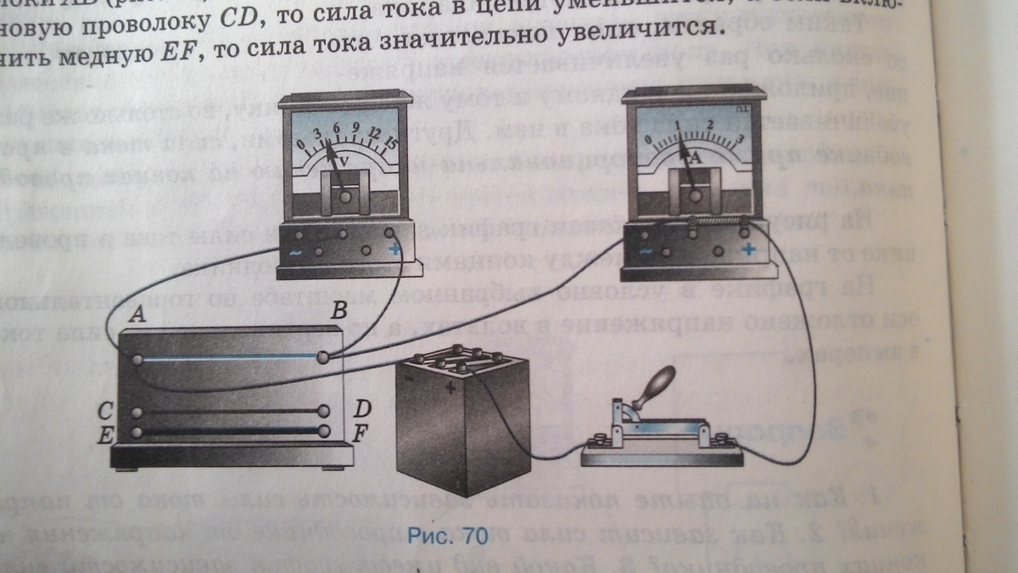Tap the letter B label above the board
[338, 312]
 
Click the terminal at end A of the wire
[137, 360]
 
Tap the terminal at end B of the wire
[322, 358]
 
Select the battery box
[462, 424]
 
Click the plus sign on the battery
[449, 390]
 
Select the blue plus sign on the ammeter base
[748, 250]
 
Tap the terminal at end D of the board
[323, 411]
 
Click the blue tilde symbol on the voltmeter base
[294, 251]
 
